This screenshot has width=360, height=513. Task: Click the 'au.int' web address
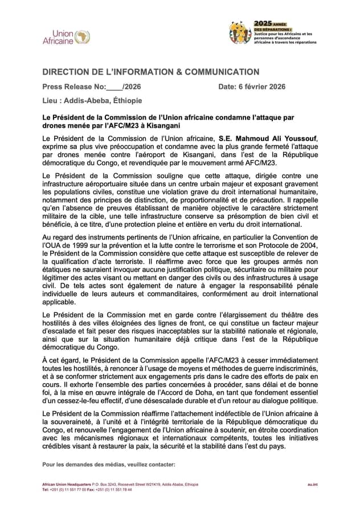[x=312, y=484]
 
